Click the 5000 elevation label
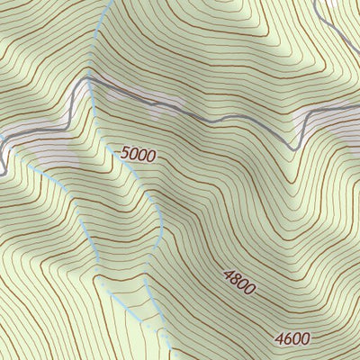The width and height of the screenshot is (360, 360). tap(138, 155)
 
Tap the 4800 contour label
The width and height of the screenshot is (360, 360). tap(239, 282)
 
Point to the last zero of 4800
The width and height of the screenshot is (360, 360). tap(252, 290)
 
